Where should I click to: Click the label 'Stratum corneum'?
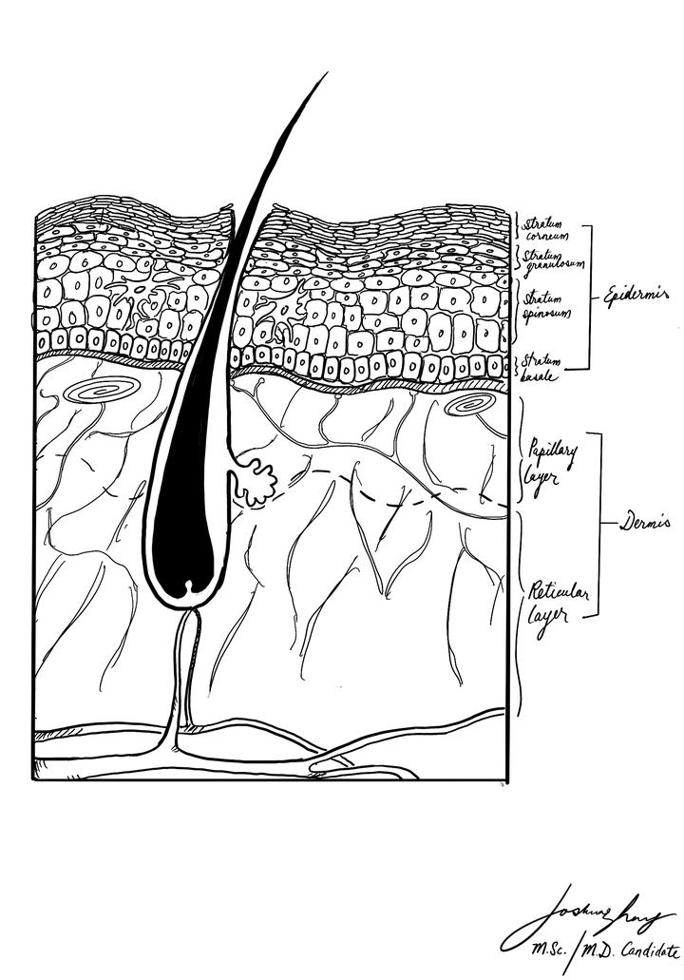click(x=542, y=228)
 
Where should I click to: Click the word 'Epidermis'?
click(x=638, y=297)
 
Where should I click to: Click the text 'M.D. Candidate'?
click(x=632, y=951)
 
